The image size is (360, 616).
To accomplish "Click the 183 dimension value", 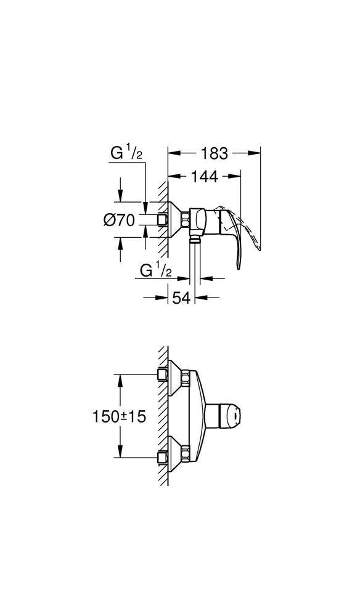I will [x=214, y=153].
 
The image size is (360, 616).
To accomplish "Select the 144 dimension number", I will [x=204, y=177].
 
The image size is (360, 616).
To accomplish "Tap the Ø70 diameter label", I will [x=119, y=221].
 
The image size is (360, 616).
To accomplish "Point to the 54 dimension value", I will [x=181, y=298].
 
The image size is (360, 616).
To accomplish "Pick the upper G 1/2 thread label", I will [x=126, y=153].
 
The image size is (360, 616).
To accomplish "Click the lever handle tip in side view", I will [x=237, y=265].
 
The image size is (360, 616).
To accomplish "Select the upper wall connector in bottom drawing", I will [x=165, y=375].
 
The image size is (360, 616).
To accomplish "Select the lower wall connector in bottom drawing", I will [x=165, y=457].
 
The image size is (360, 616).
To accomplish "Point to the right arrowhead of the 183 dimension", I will [x=256, y=153].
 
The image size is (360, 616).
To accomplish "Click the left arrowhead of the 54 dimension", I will [x=165, y=298].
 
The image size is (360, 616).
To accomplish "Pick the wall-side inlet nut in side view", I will [x=163, y=220].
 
